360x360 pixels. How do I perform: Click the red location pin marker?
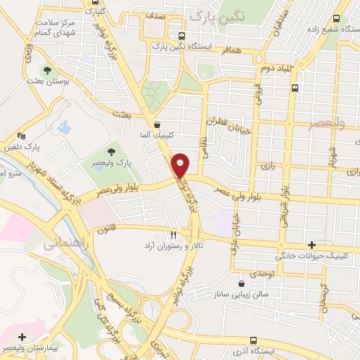tap(181, 165)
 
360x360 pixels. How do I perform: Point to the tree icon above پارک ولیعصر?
tap(112, 151)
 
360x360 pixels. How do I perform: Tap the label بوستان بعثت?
tap(47, 83)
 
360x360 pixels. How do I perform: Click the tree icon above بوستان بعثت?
tap(47, 71)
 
